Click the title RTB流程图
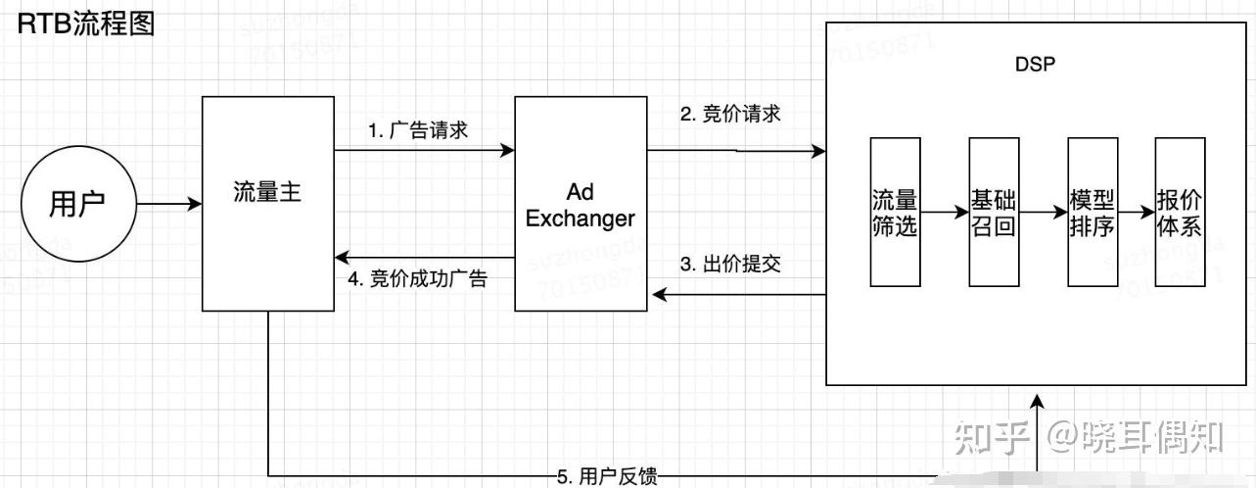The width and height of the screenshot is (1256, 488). pyautogui.click(x=87, y=24)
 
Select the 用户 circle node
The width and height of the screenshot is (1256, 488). pyautogui.click(x=77, y=205)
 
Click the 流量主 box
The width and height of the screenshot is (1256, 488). pyautogui.click(x=267, y=204)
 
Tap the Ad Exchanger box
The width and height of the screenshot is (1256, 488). pyautogui.click(x=581, y=204)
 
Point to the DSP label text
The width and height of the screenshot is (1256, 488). pyautogui.click(x=1034, y=66)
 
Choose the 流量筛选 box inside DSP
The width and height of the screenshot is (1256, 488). pyautogui.click(x=895, y=212)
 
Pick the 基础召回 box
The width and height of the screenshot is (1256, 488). pyautogui.click(x=994, y=212)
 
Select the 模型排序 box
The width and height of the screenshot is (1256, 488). pyautogui.click(x=1093, y=212)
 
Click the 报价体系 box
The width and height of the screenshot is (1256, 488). pyautogui.click(x=1180, y=212)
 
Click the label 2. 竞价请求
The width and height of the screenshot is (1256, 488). pyautogui.click(x=730, y=114)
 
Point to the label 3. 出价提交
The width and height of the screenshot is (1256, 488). pyautogui.click(x=730, y=265)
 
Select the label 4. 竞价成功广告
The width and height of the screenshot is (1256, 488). pyautogui.click(x=418, y=278)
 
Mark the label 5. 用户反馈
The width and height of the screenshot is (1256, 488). pyautogui.click(x=607, y=477)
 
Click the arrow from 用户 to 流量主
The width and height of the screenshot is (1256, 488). pyautogui.click(x=168, y=205)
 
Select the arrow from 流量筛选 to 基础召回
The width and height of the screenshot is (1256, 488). pyautogui.click(x=945, y=211)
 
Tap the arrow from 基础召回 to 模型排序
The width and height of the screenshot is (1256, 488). pyautogui.click(x=1043, y=211)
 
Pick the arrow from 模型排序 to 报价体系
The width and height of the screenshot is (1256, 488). pyautogui.click(x=1136, y=211)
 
